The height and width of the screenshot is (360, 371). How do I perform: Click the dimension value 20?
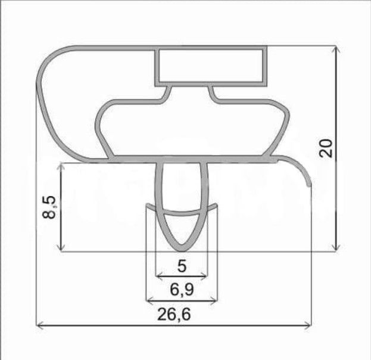pyautogui.click(x=326, y=148)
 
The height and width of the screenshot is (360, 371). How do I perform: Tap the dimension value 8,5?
pyautogui.click(x=49, y=207)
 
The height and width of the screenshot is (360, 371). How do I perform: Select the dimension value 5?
pyautogui.click(x=182, y=266)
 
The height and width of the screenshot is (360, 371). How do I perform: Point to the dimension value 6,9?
pyautogui.click(x=182, y=290)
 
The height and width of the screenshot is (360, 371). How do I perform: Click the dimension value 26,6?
pyautogui.click(x=174, y=315)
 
